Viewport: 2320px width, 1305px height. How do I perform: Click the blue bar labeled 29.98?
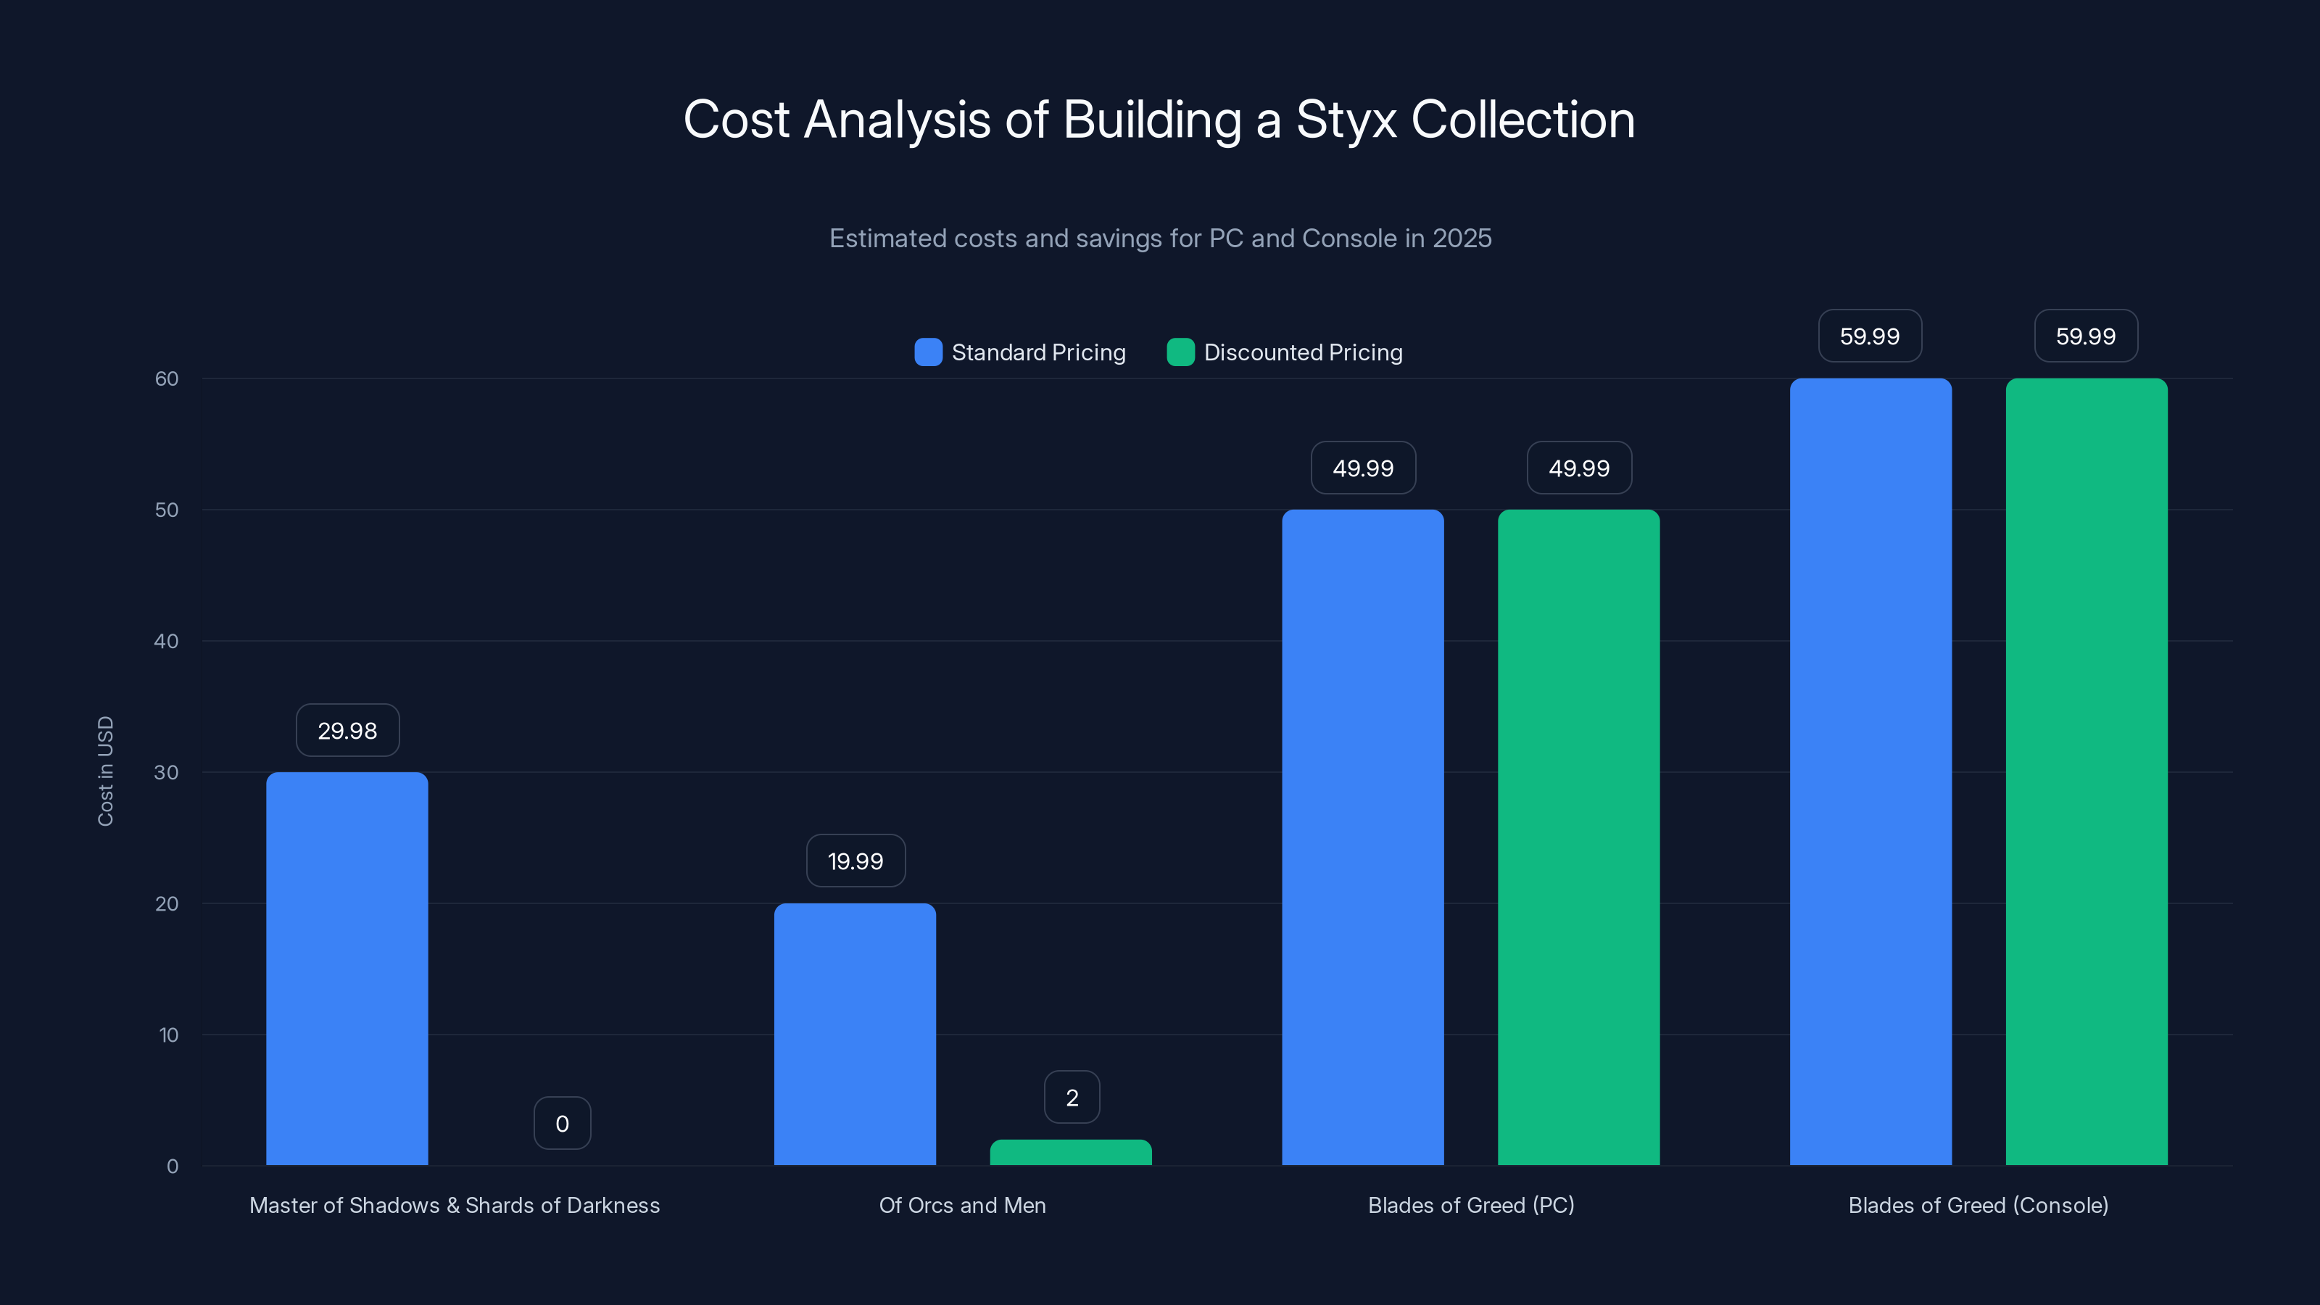347,968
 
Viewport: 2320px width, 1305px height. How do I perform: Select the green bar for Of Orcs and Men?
1070,1153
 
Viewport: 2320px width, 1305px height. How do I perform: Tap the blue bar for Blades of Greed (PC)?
1363,837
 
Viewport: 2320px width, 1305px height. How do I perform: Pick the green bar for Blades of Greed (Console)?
2086,772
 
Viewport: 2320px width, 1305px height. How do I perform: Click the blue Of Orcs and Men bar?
855,1034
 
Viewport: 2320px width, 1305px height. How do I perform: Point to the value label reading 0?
562,1123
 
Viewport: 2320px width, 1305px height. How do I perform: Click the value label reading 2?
1072,1097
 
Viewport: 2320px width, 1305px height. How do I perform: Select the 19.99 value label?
855,861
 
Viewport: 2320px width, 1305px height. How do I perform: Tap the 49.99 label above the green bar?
1579,468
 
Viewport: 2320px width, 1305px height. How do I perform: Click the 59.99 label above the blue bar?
1870,336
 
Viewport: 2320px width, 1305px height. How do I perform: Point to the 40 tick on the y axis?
166,641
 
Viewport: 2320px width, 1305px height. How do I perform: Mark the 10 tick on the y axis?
168,1035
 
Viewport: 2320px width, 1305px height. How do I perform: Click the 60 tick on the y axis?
166,379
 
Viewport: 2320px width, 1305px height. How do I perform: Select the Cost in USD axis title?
105,771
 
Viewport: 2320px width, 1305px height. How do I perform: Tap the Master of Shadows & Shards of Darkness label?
454,1205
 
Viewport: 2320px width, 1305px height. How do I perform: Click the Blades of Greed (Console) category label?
1978,1205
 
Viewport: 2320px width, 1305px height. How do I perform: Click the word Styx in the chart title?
1346,120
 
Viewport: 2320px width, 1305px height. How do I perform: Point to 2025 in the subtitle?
1462,238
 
